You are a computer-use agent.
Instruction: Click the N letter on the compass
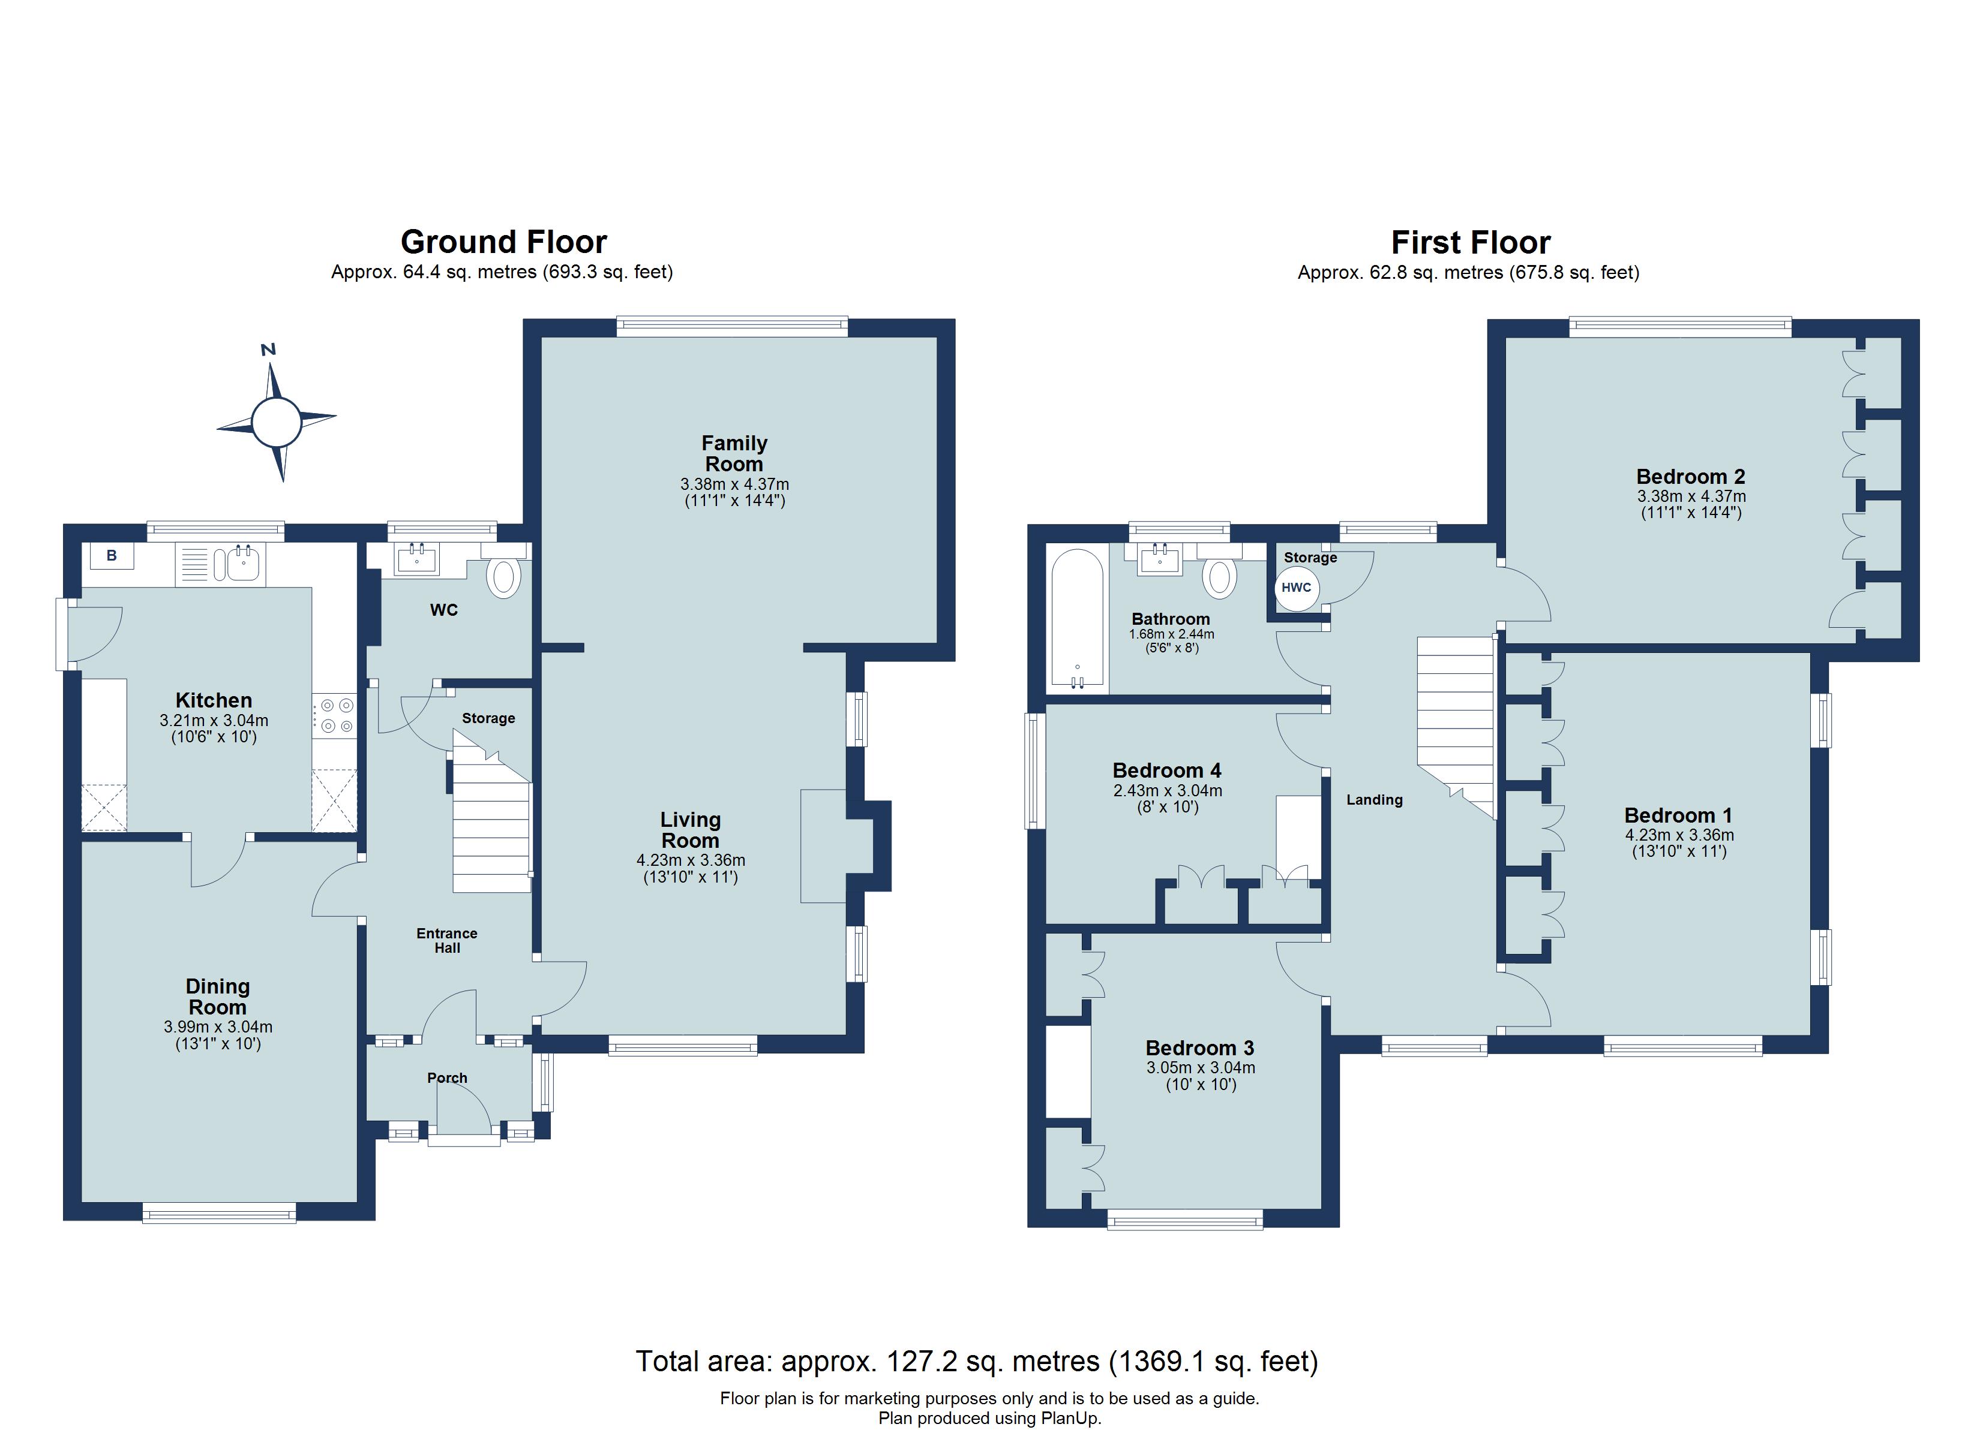coord(268,350)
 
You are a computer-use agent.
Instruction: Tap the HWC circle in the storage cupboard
coord(1297,588)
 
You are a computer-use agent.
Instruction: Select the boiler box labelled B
coord(111,556)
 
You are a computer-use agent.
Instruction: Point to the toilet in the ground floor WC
coord(504,577)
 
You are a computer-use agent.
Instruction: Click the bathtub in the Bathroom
coord(1078,619)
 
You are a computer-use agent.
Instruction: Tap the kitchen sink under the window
coord(242,564)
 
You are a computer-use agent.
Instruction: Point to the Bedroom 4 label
coord(1166,770)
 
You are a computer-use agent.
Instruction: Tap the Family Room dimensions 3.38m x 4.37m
coord(734,484)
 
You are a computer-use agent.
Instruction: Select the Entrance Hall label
coord(447,941)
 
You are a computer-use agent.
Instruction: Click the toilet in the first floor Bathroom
coord(1220,577)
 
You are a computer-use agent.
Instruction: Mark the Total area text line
coord(976,1361)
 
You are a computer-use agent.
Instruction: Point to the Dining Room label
coord(217,997)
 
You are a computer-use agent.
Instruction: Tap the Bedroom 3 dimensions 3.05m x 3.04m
coord(1201,1067)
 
